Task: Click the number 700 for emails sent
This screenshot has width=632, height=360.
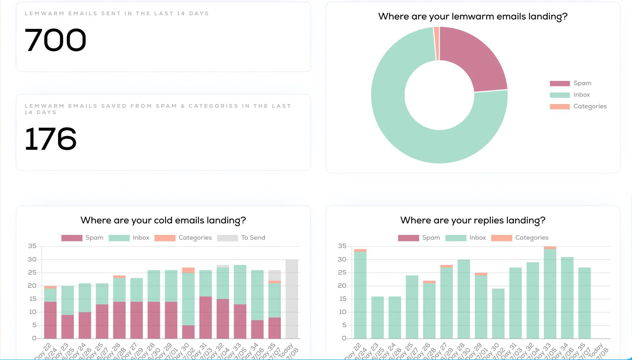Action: coord(55,40)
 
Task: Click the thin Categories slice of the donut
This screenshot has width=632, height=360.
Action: coord(436,43)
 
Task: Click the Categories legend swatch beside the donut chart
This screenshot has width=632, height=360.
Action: coord(559,107)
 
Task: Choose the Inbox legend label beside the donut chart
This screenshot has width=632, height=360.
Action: coord(581,95)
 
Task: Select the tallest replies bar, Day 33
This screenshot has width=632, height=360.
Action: coord(550,293)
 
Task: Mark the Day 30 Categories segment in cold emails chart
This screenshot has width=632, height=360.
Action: coord(188,270)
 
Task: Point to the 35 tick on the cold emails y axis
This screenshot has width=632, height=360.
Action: coord(32,246)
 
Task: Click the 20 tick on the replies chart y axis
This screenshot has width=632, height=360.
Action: coord(342,286)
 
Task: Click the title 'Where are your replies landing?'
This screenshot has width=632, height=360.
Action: coord(472,220)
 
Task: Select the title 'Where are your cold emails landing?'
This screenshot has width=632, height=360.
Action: coord(163,220)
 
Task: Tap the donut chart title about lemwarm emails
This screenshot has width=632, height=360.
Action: coord(472,16)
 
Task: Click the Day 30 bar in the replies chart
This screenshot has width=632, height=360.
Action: coord(498,313)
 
